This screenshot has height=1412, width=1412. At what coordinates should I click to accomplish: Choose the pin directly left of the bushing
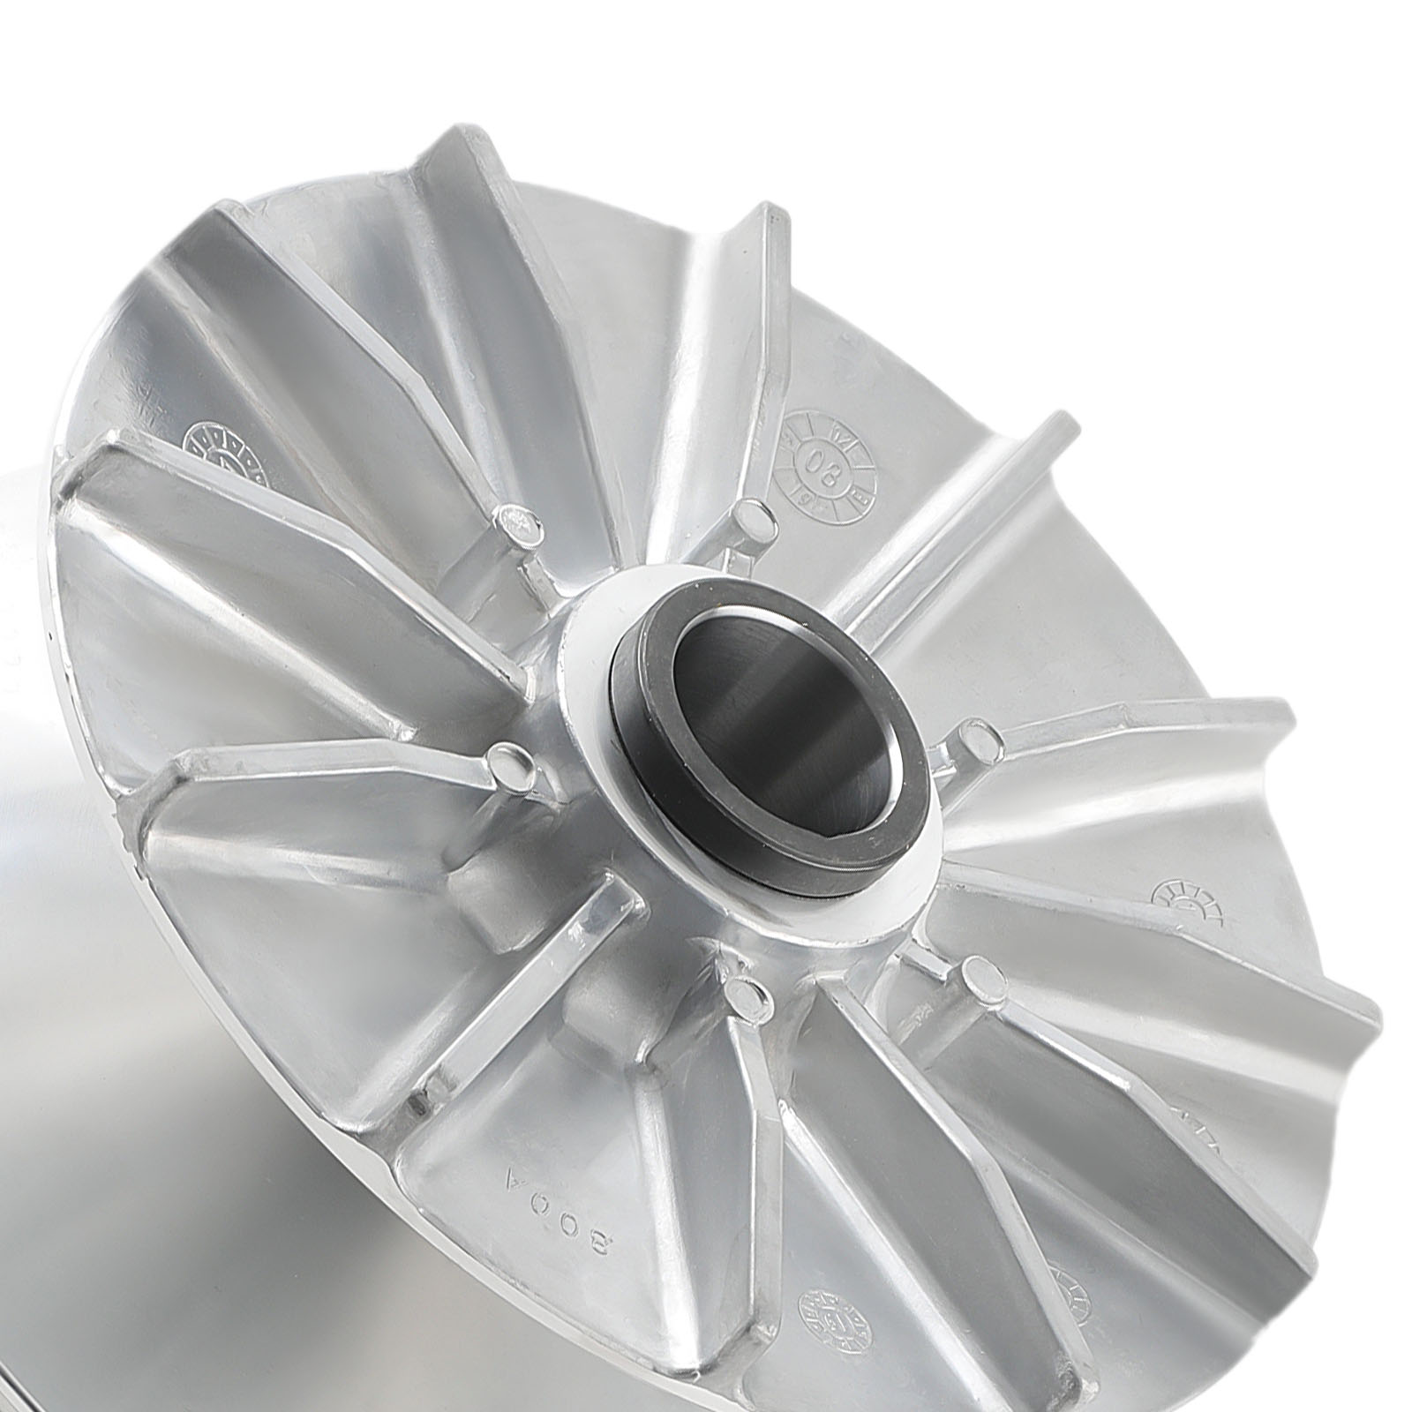(x=507, y=758)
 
